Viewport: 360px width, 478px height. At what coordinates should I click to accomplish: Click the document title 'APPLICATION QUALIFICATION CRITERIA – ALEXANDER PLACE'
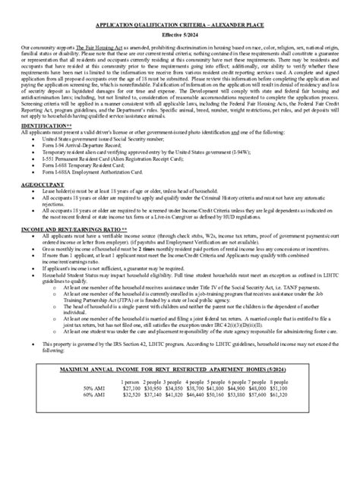[x=180, y=24]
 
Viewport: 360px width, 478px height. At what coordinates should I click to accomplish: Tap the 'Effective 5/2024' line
[x=180, y=35]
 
